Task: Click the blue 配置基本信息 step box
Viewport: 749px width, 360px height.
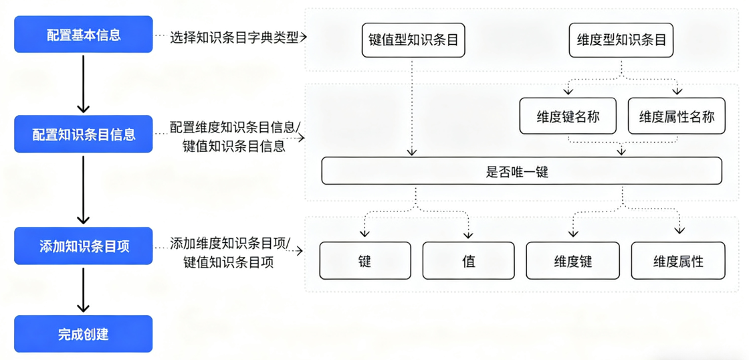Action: point(83,35)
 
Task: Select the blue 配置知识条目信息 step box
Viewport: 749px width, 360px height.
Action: point(83,134)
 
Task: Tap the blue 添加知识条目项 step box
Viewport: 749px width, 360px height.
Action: point(83,246)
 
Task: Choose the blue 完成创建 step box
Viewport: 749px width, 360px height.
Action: point(83,333)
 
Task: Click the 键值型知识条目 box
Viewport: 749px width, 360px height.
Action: point(413,39)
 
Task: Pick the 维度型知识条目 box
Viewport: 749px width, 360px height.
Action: point(621,39)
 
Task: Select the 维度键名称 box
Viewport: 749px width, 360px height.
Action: point(568,116)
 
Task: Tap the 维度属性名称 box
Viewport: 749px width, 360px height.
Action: point(677,116)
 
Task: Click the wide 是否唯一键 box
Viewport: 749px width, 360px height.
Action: point(521,171)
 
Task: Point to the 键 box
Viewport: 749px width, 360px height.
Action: point(365,260)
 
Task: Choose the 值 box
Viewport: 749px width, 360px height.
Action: point(468,260)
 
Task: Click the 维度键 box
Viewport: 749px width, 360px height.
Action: point(573,260)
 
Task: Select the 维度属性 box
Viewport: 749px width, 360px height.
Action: point(678,260)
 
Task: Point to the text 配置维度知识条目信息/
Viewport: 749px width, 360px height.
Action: point(235,127)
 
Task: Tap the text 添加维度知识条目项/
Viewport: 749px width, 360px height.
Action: point(230,244)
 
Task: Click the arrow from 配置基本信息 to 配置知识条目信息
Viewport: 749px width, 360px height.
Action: point(83,84)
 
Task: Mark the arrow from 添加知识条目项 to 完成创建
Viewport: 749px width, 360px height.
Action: point(83,289)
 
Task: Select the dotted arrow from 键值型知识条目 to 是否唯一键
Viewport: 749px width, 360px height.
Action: point(412,107)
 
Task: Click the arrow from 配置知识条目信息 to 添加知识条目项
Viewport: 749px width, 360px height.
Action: point(83,189)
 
